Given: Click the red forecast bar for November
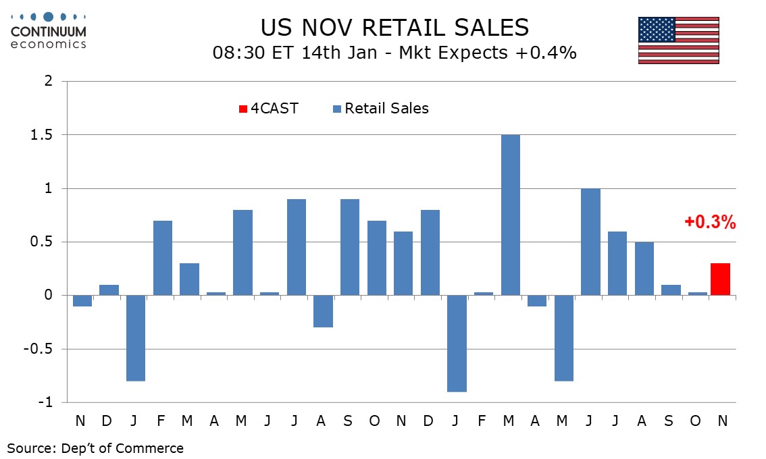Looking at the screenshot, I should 720,279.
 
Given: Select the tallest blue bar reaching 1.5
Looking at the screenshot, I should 510,215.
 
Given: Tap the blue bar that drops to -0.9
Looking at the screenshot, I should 456,344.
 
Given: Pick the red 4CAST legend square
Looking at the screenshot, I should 243,109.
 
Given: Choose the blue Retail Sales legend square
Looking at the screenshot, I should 338,109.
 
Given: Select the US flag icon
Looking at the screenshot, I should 678,40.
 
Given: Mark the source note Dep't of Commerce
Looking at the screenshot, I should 95,448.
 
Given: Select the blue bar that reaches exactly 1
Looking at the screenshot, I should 591,242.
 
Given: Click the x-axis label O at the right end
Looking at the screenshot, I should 695,421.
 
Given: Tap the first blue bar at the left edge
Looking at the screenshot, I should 82,301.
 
